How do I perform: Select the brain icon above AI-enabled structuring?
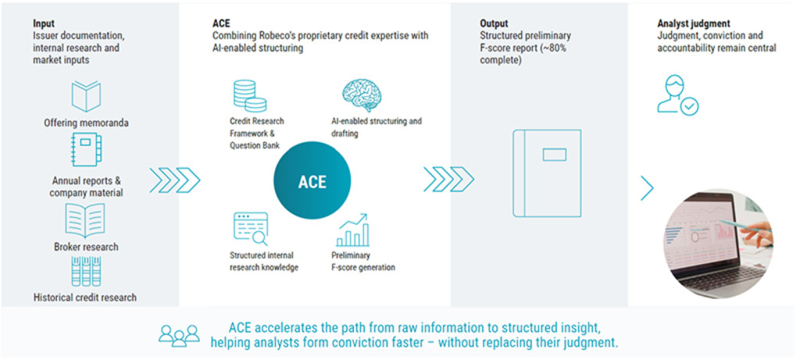pyautogui.click(x=362, y=94)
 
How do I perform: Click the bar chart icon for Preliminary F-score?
pyautogui.click(x=352, y=230)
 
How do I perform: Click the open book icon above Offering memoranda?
pyautogui.click(x=86, y=96)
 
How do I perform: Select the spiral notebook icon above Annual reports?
pyautogui.click(x=87, y=150)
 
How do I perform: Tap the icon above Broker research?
pyautogui.click(x=85, y=219)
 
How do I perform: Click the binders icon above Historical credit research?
pyautogui.click(x=86, y=271)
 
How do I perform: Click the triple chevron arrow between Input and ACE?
pyautogui.click(x=174, y=180)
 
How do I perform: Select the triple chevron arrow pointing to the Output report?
pyautogui.click(x=448, y=180)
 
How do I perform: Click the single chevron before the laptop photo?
pyautogui.click(x=647, y=188)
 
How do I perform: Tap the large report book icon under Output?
pyautogui.click(x=547, y=173)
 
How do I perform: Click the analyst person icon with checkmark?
pyautogui.click(x=677, y=94)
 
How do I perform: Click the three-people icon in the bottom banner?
pyautogui.click(x=179, y=335)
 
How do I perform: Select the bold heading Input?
pyautogui.click(x=43, y=24)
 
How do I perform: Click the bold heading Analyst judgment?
pyautogui.click(x=694, y=24)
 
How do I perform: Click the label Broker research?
pyautogui.click(x=86, y=247)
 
